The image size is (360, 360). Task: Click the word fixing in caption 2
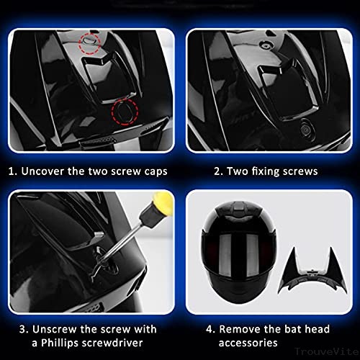261,171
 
